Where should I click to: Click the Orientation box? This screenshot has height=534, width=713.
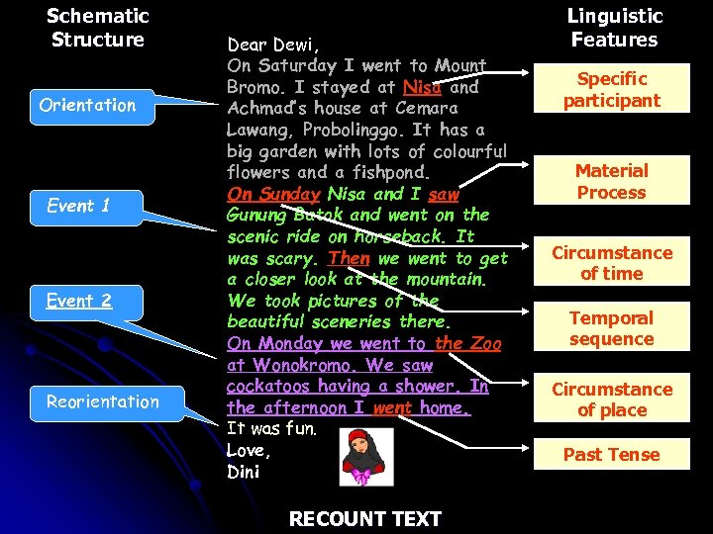(87, 105)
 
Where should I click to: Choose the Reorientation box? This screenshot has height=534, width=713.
(102, 401)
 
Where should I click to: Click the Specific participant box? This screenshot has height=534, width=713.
(611, 89)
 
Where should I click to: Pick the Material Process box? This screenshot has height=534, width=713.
(611, 182)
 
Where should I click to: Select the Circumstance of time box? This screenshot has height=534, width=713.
(611, 263)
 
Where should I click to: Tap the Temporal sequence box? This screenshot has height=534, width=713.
(611, 328)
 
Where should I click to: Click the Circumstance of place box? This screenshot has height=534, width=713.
(611, 400)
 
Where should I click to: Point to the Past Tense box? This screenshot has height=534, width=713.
(611, 455)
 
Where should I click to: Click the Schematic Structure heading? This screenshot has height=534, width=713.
(97, 28)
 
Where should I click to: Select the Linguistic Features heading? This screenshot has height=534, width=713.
(614, 28)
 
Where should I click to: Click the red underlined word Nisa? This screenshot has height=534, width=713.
(422, 87)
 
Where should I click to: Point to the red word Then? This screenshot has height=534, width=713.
(349, 258)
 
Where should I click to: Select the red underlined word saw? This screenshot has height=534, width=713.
(444, 194)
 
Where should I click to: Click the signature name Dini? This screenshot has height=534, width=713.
(244, 472)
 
